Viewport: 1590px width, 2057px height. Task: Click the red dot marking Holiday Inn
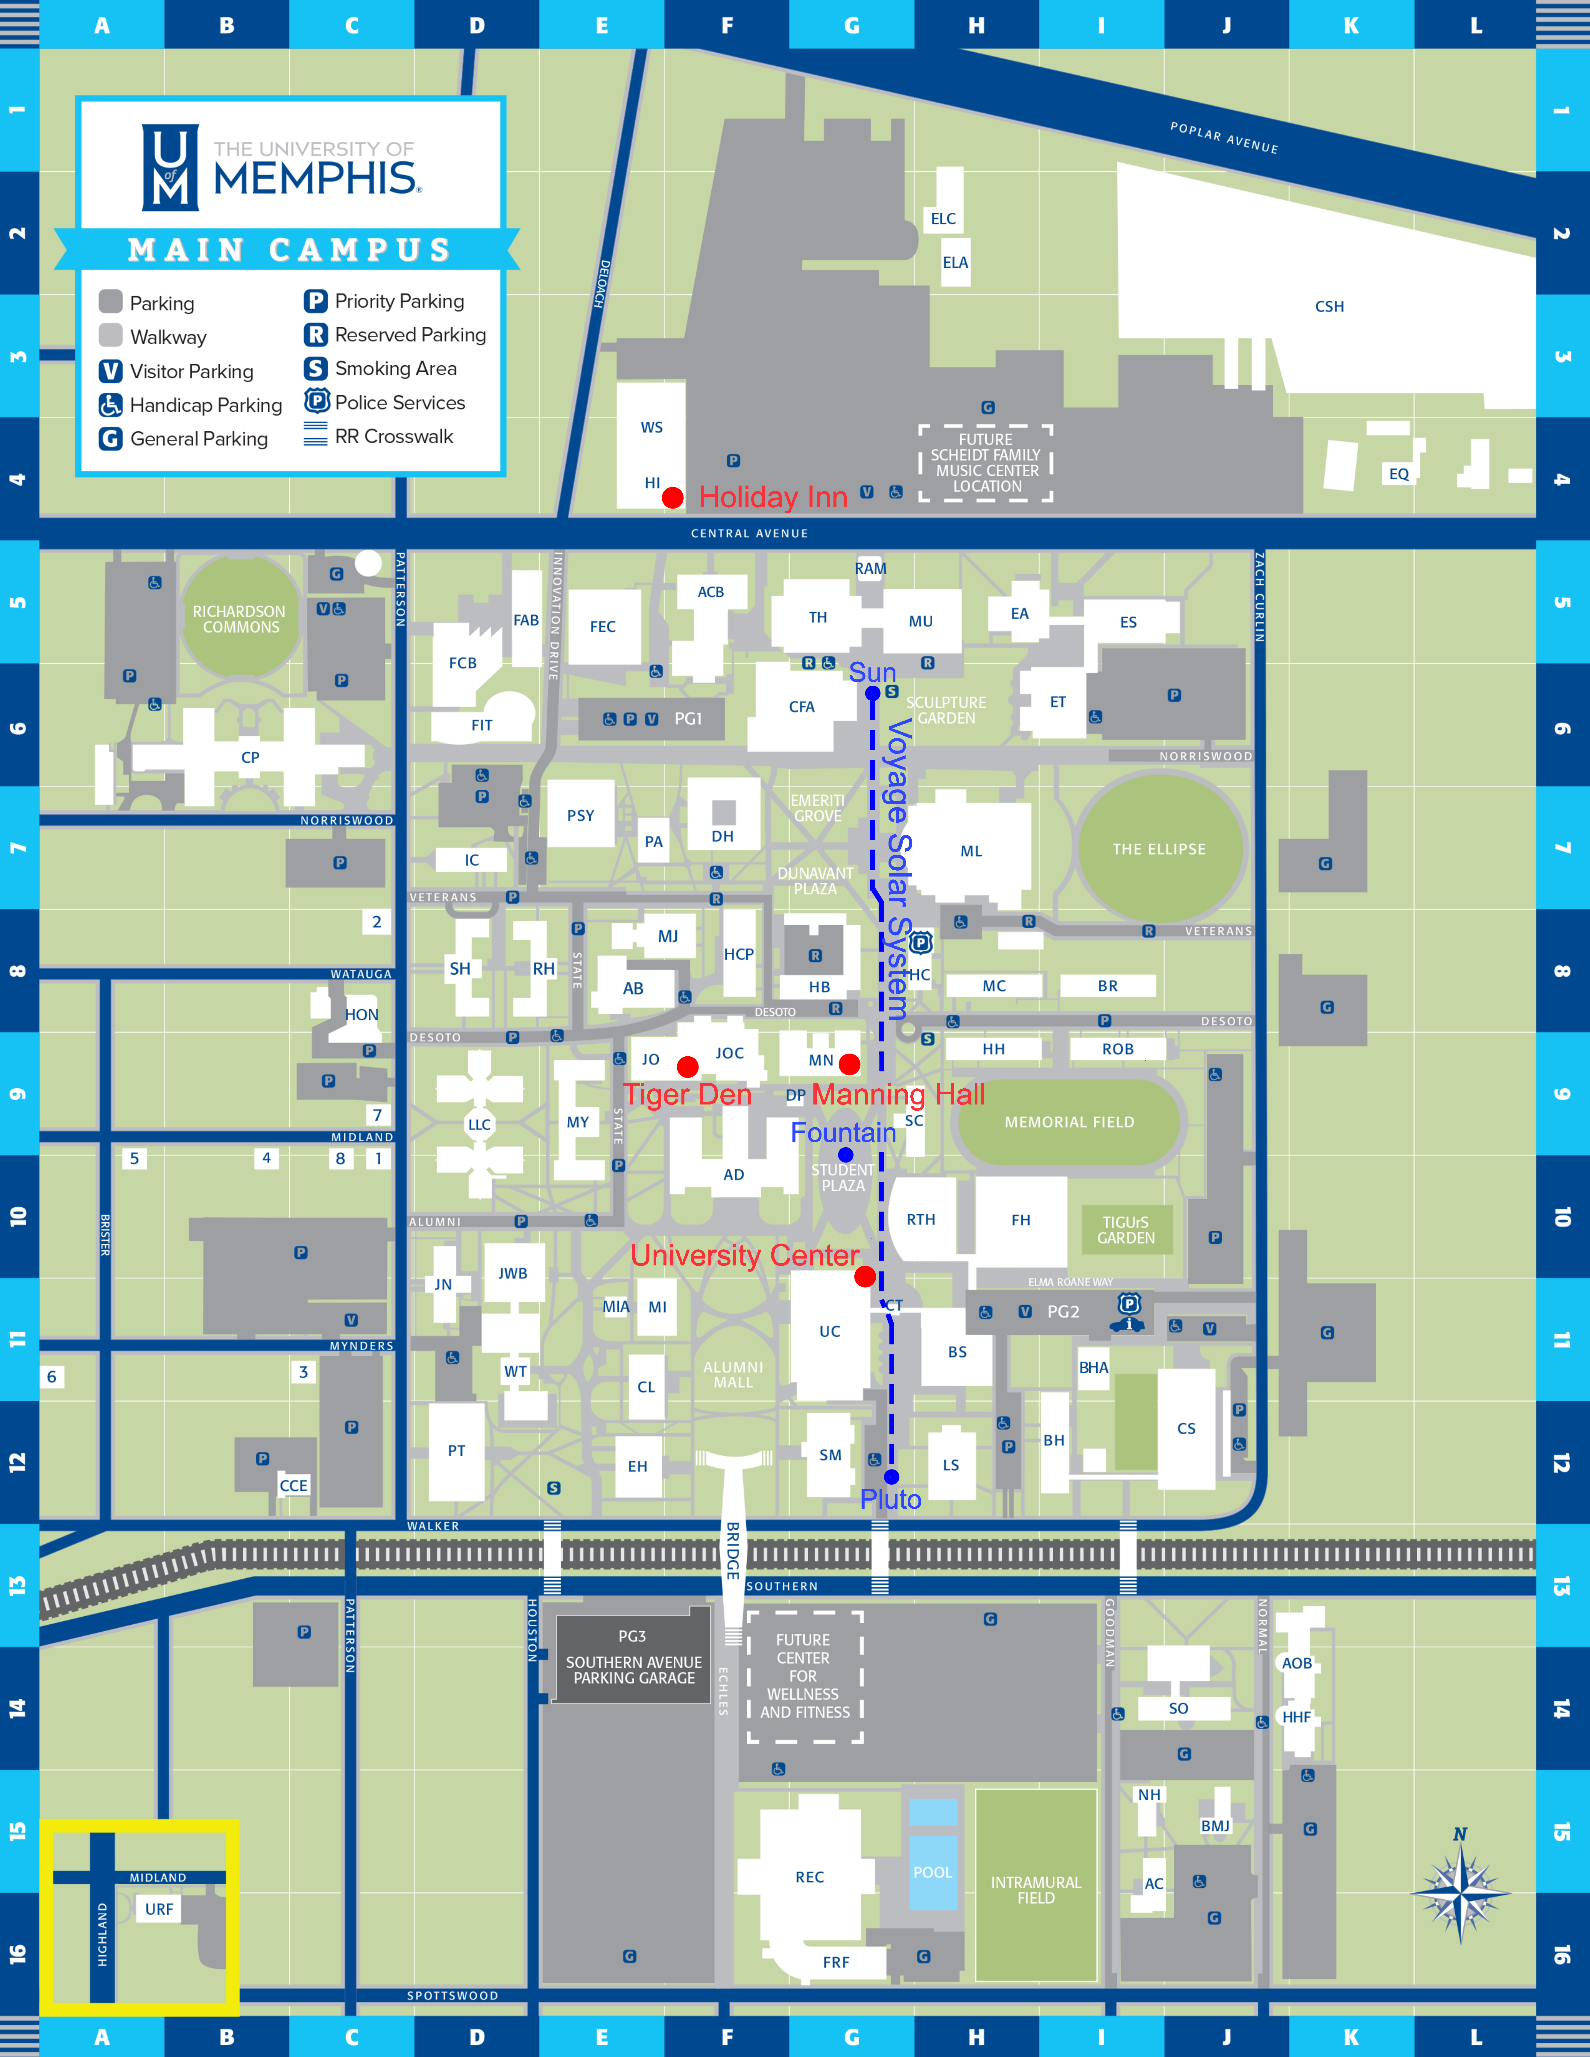pyautogui.click(x=672, y=497)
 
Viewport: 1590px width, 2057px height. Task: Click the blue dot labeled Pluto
pyautogui.click(x=891, y=1477)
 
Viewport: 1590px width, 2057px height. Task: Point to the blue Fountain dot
pyautogui.click(x=846, y=1155)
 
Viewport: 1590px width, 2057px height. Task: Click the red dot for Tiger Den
pyautogui.click(x=688, y=1066)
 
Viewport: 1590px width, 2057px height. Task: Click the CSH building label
pyautogui.click(x=1329, y=306)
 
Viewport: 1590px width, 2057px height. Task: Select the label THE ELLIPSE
pyautogui.click(x=1158, y=849)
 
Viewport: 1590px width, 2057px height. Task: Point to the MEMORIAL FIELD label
pyautogui.click(x=1069, y=1122)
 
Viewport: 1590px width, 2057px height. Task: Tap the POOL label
pyautogui.click(x=933, y=1872)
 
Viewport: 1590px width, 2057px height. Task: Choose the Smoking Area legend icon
pyautogui.click(x=315, y=368)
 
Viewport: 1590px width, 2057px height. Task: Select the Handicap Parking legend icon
pyautogui.click(x=110, y=405)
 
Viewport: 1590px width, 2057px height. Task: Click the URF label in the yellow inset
pyautogui.click(x=159, y=1909)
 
